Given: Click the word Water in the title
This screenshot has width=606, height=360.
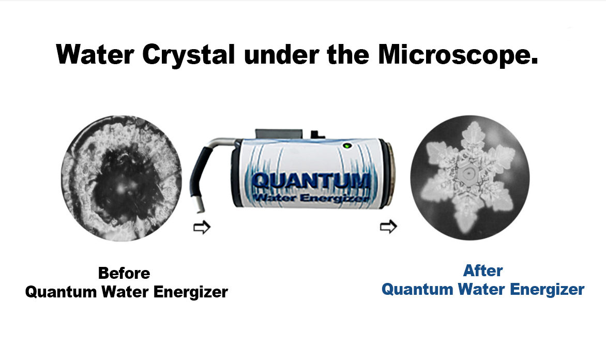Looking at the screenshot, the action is tap(95, 54).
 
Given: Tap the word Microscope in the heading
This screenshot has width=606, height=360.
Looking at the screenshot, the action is tap(458, 55).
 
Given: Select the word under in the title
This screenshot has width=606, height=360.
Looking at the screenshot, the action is tap(281, 54).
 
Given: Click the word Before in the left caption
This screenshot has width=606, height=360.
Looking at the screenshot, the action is tap(124, 273).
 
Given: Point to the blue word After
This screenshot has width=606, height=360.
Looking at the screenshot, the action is tap(483, 271).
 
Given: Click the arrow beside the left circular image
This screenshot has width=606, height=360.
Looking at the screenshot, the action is tap(202, 228).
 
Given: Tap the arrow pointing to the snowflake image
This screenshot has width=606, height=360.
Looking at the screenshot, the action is tap(388, 227).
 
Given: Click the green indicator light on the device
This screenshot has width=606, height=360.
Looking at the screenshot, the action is tap(347, 146).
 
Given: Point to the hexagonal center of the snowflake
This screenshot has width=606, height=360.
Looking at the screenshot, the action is tap(467, 174).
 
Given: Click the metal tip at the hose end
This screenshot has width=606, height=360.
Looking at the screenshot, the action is tap(200, 204).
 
